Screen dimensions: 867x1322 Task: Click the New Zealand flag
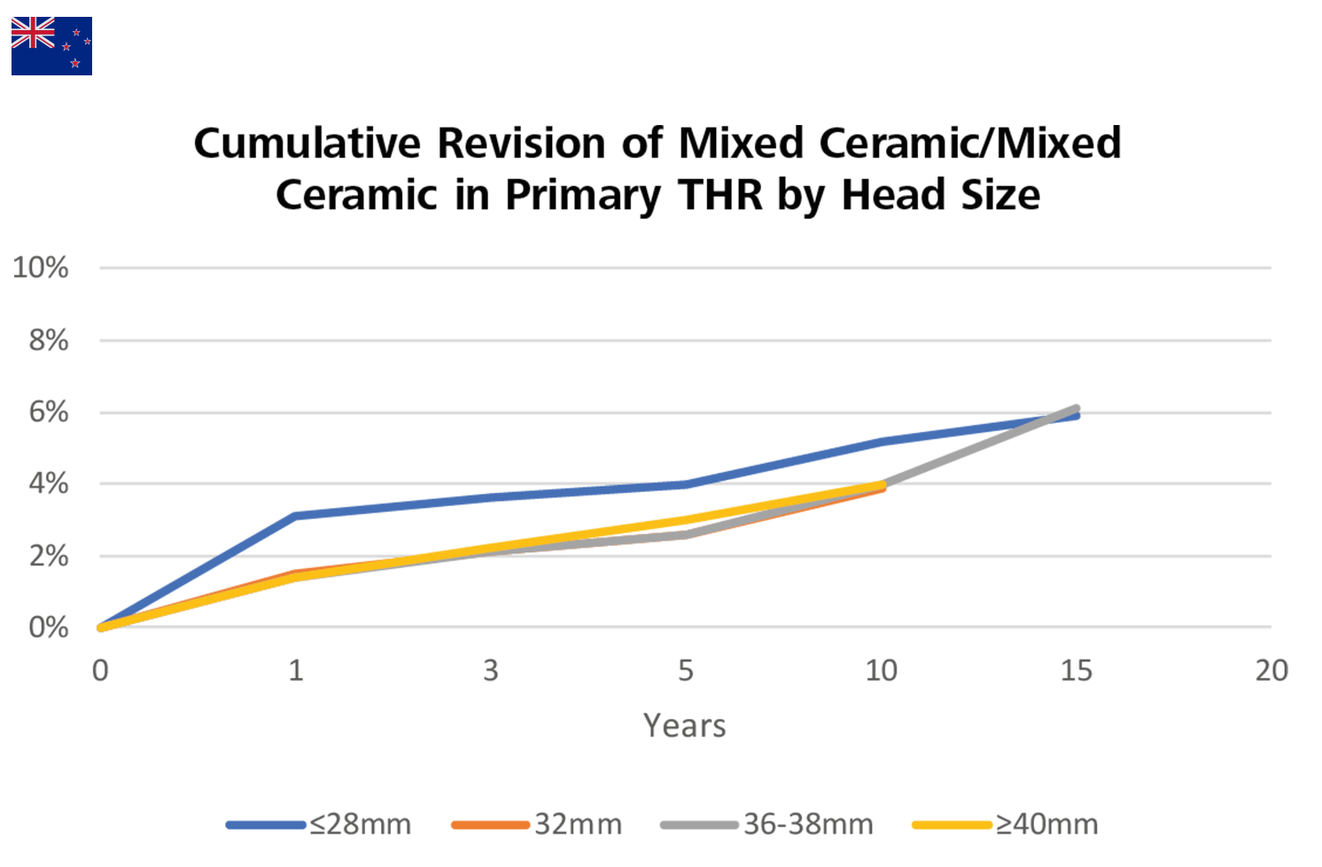pyautogui.click(x=51, y=45)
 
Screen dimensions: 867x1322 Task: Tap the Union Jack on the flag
pyautogui.click(x=33, y=33)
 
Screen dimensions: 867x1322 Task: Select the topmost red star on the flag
pyautogui.click(x=76, y=33)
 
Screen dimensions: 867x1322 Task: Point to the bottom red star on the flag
pyautogui.click(x=75, y=63)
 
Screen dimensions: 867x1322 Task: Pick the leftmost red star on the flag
pyautogui.click(x=66, y=46)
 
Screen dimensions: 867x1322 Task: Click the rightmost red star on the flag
pyautogui.click(x=87, y=41)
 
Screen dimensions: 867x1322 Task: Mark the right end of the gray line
pyautogui.click(x=1070, y=390)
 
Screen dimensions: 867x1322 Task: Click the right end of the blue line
pyautogui.click(x=1068, y=433)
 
